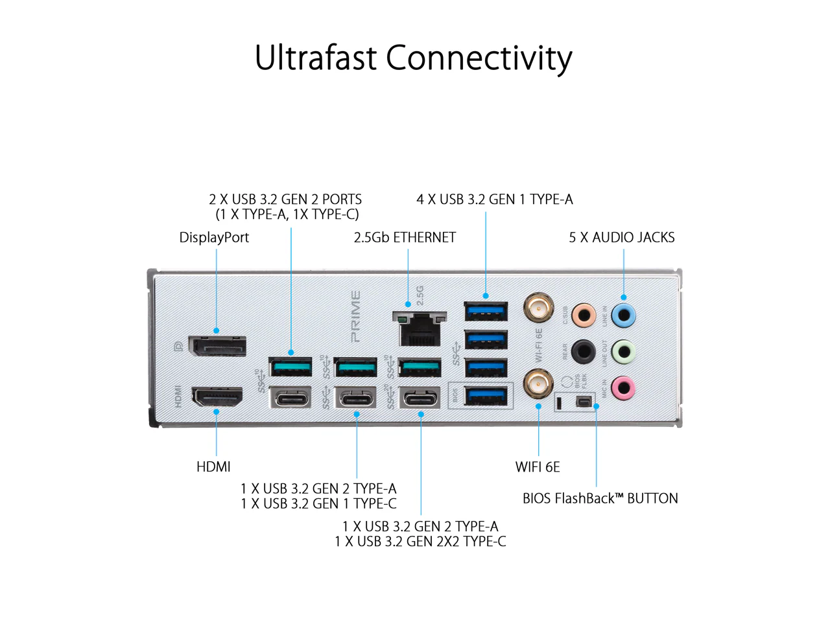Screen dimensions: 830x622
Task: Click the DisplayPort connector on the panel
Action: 217,345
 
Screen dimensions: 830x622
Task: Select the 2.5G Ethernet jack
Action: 420,328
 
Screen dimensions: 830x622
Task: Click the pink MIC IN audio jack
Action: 623,387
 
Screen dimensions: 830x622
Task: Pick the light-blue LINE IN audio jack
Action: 623,315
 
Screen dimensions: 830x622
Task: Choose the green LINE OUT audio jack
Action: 623,352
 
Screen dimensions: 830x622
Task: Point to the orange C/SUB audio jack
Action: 584,315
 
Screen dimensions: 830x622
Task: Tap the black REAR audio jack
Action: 584,352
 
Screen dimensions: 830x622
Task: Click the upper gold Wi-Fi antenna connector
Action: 538,308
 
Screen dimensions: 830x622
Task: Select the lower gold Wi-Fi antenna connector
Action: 538,384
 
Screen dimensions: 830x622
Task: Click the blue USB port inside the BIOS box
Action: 486,396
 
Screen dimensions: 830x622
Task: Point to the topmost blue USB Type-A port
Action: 486,311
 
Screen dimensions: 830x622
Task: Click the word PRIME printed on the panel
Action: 355,316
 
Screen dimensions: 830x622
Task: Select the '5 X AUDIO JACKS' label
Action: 621,237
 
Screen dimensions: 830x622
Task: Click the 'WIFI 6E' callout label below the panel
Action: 538,466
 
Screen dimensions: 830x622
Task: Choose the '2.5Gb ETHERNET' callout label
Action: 405,237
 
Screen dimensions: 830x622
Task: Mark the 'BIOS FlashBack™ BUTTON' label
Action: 600,498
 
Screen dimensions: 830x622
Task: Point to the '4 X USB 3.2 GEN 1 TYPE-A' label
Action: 495,199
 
